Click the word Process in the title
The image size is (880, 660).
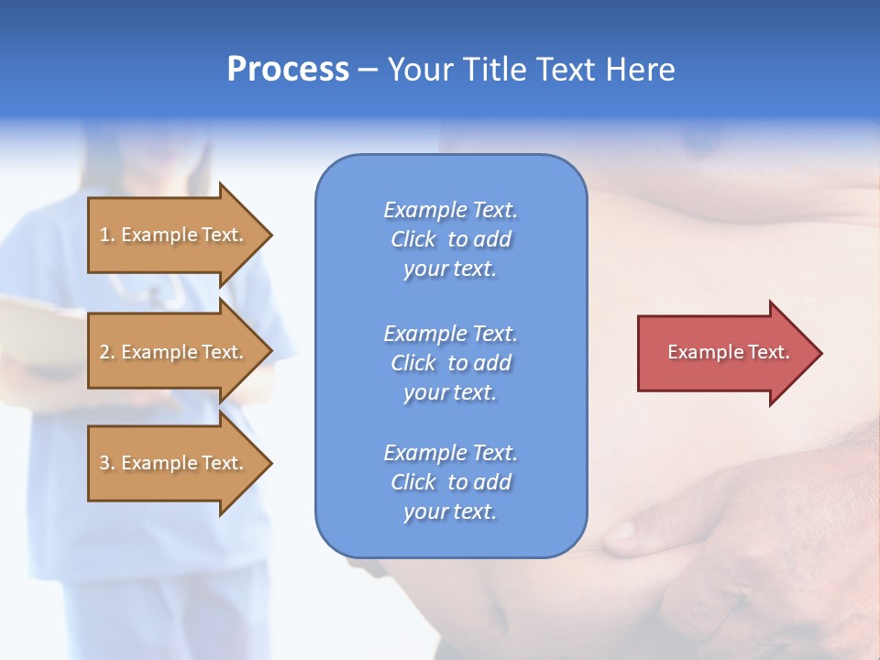(288, 70)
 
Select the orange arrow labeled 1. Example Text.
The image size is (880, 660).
(171, 235)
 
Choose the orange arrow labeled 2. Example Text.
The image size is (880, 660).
(171, 352)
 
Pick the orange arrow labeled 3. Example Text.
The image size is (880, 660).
(171, 463)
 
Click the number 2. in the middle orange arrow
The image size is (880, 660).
(107, 352)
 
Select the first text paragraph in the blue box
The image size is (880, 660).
(450, 239)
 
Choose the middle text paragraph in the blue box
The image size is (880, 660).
(450, 363)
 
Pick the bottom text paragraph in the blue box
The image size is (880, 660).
(450, 482)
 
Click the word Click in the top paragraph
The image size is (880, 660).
(413, 239)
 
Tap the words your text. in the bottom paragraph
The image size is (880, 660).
(450, 511)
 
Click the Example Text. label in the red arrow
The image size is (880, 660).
(728, 352)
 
